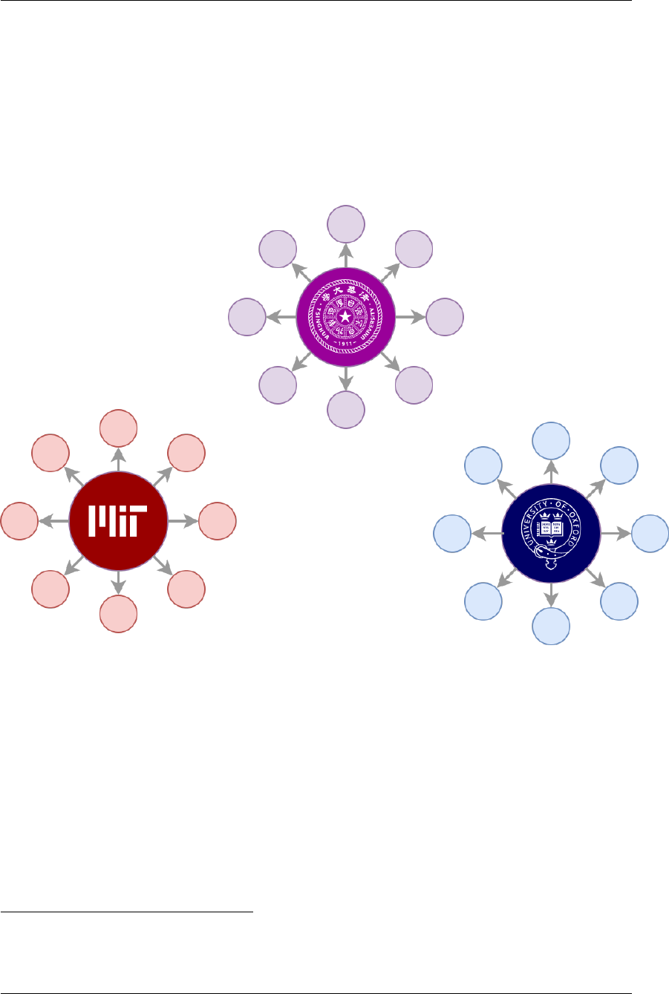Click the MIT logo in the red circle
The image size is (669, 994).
(x=118, y=521)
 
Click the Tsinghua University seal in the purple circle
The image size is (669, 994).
(x=346, y=317)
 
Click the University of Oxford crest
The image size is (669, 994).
(x=551, y=533)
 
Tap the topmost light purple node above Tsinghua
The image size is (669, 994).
(x=346, y=225)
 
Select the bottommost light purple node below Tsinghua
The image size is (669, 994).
(x=346, y=410)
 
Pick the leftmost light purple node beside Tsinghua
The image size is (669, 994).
(x=247, y=317)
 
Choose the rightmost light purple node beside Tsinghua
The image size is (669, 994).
(x=445, y=317)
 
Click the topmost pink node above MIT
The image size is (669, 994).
(x=118, y=428)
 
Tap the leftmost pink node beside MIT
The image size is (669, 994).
(x=19, y=521)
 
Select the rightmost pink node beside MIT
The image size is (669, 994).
(x=217, y=521)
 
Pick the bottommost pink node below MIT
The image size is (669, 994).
(x=118, y=614)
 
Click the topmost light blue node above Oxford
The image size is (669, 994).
(x=551, y=441)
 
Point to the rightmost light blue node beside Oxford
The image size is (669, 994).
(x=650, y=533)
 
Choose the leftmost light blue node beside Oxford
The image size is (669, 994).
(x=452, y=533)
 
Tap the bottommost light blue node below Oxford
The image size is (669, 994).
(x=551, y=626)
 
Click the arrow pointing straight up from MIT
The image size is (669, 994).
(x=118, y=460)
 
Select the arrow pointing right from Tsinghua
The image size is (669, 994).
(x=411, y=317)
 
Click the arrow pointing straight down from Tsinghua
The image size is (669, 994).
(x=346, y=379)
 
